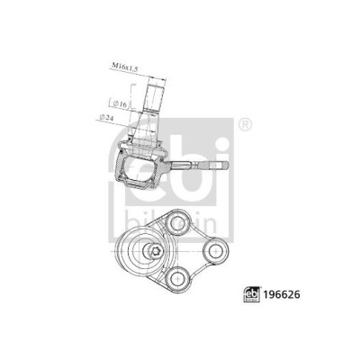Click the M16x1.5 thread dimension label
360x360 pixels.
125,67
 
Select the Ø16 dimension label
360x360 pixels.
119,103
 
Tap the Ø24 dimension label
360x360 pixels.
106,117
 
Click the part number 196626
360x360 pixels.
282,294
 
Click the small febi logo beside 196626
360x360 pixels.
252,295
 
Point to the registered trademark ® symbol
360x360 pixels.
246,124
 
